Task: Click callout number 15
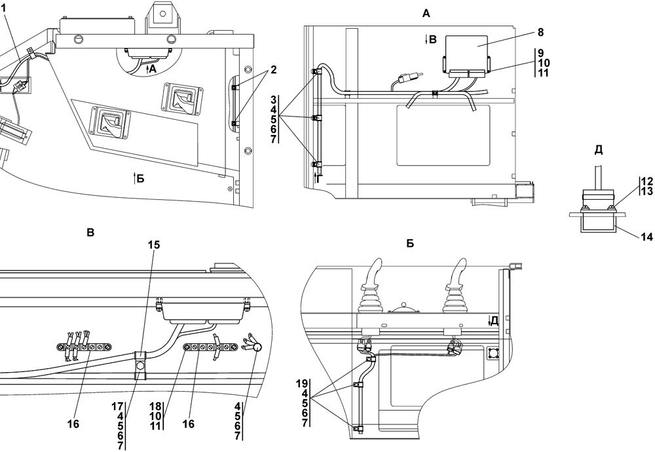pyautogui.click(x=153, y=245)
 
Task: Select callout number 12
pyautogui.click(x=647, y=180)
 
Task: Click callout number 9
pyautogui.click(x=540, y=52)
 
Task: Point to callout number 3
pyautogui.click(x=272, y=99)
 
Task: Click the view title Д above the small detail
pyautogui.click(x=598, y=150)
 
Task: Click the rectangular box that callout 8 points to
pyautogui.click(x=466, y=52)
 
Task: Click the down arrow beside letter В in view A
pyautogui.click(x=425, y=39)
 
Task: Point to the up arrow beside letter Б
pyautogui.click(x=135, y=178)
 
